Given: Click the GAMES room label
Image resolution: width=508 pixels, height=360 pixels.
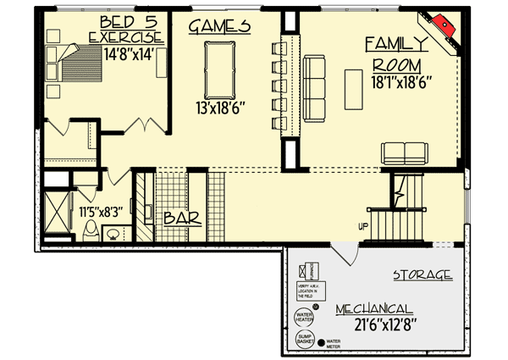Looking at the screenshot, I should (x=219, y=25).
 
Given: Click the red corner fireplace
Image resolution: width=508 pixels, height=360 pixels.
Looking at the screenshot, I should (x=443, y=28).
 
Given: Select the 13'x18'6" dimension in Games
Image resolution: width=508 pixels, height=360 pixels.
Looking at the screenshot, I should (x=219, y=108).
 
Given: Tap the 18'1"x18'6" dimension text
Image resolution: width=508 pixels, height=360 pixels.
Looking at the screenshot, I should (x=402, y=83).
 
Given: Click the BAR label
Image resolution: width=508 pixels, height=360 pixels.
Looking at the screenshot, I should (x=181, y=218).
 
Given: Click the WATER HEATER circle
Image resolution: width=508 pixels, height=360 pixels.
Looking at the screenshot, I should (x=304, y=318).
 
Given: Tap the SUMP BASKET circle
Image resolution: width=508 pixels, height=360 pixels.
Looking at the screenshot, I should (x=305, y=341).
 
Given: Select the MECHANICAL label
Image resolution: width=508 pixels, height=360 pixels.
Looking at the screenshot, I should (x=373, y=309).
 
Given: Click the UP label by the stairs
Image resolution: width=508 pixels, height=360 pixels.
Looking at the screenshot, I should (x=362, y=225).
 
